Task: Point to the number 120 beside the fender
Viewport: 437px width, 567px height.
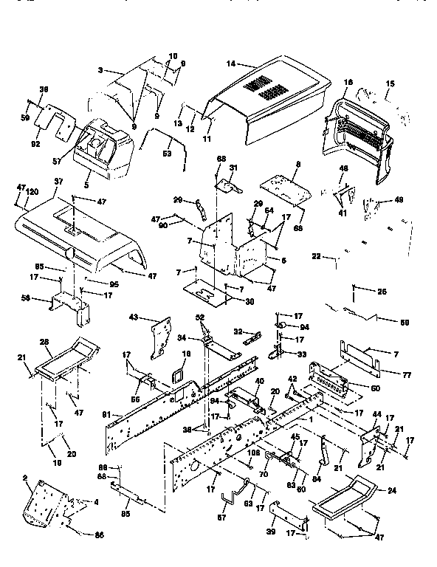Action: (32, 190)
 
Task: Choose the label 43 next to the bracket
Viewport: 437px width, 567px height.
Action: (134, 317)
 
